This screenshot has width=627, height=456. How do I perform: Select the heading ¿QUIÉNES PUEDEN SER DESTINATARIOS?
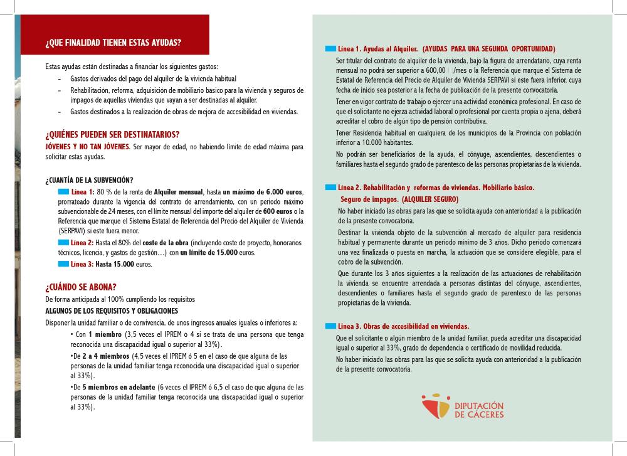112,134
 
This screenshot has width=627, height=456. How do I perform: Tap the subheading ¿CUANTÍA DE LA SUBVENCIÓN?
89,180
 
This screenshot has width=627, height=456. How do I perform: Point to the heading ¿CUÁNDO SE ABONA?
81,287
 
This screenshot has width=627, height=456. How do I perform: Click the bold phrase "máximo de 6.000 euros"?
265,191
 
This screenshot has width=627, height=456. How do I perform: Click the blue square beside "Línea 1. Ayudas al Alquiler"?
330,48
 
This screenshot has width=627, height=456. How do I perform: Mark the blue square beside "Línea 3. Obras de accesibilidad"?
330,326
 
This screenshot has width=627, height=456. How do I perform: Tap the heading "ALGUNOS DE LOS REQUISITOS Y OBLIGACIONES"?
112,311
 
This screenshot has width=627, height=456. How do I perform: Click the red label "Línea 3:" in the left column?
82,264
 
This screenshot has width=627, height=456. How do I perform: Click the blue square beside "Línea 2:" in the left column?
63,242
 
